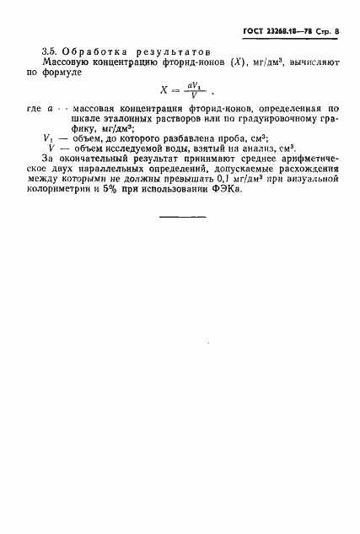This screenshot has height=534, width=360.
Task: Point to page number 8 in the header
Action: pos(337,32)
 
